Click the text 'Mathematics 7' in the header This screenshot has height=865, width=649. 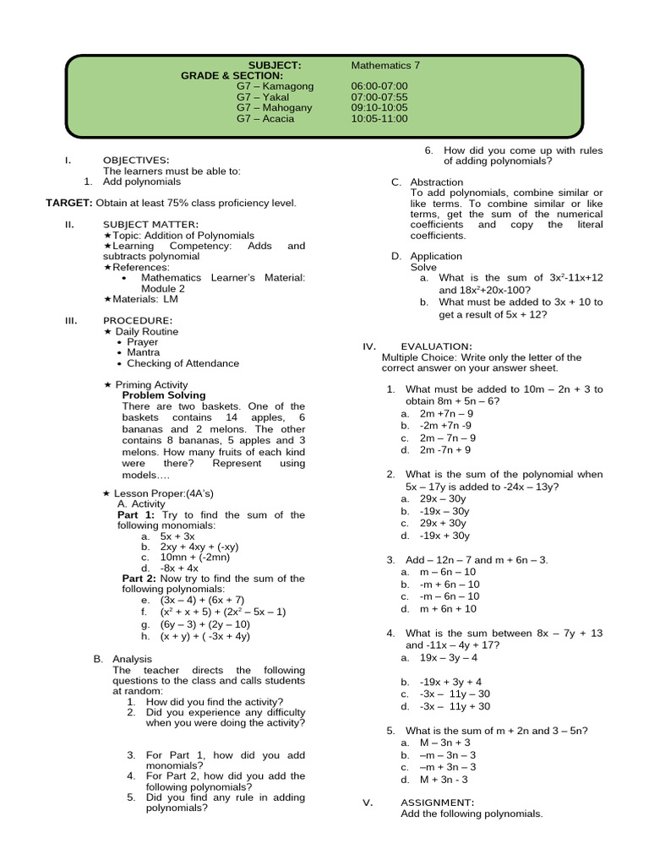pos(385,65)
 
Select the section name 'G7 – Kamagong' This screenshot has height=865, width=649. pos(275,86)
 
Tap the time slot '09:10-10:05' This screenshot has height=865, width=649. pos(379,108)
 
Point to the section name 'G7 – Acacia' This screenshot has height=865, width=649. pos(265,119)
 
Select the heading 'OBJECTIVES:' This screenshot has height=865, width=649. pos(136,160)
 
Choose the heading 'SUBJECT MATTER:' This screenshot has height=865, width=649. pos(150,224)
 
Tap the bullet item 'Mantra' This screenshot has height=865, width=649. pos(143,352)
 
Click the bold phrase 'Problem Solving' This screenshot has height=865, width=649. pos(164,395)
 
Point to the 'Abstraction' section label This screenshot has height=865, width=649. pos(436,182)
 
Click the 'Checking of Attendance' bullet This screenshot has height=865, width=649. pos(183,363)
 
